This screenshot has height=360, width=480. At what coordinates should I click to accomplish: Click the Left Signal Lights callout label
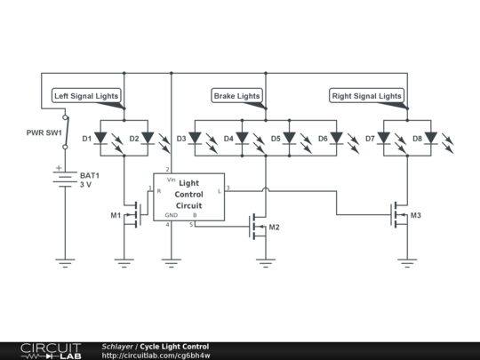pos(85,95)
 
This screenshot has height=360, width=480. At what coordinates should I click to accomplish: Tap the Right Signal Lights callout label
pos(366,95)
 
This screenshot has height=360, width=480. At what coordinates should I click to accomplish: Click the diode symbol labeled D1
pos(101,139)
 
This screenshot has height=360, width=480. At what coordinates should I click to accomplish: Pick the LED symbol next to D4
pos(242,139)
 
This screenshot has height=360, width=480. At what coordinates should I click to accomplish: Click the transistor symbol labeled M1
pos(133,214)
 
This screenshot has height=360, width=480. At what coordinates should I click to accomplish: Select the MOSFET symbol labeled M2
pos(259,227)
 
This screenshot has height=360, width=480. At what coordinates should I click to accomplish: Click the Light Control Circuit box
pos(188,196)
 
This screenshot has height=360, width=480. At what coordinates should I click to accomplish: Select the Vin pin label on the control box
pos(171,180)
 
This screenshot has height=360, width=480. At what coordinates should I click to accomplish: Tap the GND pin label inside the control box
pos(171,215)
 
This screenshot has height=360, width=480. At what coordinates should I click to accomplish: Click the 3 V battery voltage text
pos(86,185)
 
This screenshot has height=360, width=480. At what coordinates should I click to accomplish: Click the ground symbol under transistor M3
pos(407,262)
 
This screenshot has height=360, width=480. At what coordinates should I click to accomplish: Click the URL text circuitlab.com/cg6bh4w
pos(156,355)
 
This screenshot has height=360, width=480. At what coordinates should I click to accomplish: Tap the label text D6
pos(324,139)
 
